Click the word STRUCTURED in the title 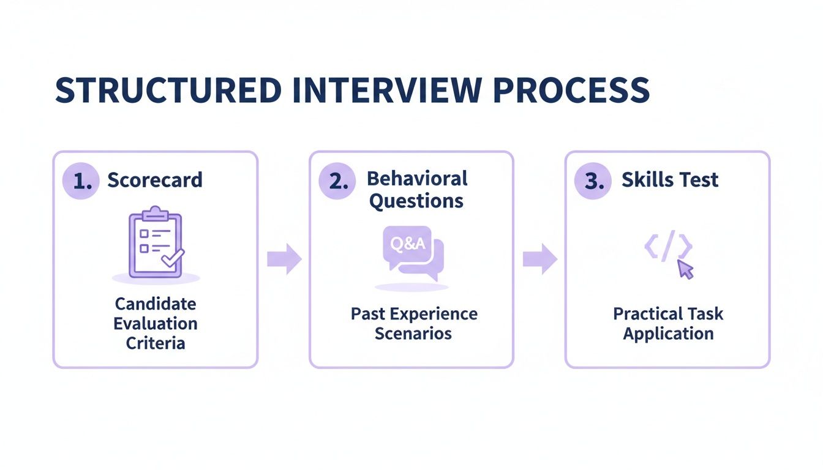(x=168, y=90)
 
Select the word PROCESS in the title (x=571, y=90)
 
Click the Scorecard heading (x=154, y=180)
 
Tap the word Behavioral (x=417, y=178)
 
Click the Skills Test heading (x=670, y=180)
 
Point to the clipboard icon (x=154, y=244)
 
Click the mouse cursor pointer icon (x=686, y=269)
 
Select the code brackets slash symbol (x=668, y=247)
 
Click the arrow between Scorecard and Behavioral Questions (x=284, y=259)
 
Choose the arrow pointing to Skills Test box (x=539, y=259)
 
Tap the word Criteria (x=156, y=343)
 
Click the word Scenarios (x=413, y=334)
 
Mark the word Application (x=668, y=334)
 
